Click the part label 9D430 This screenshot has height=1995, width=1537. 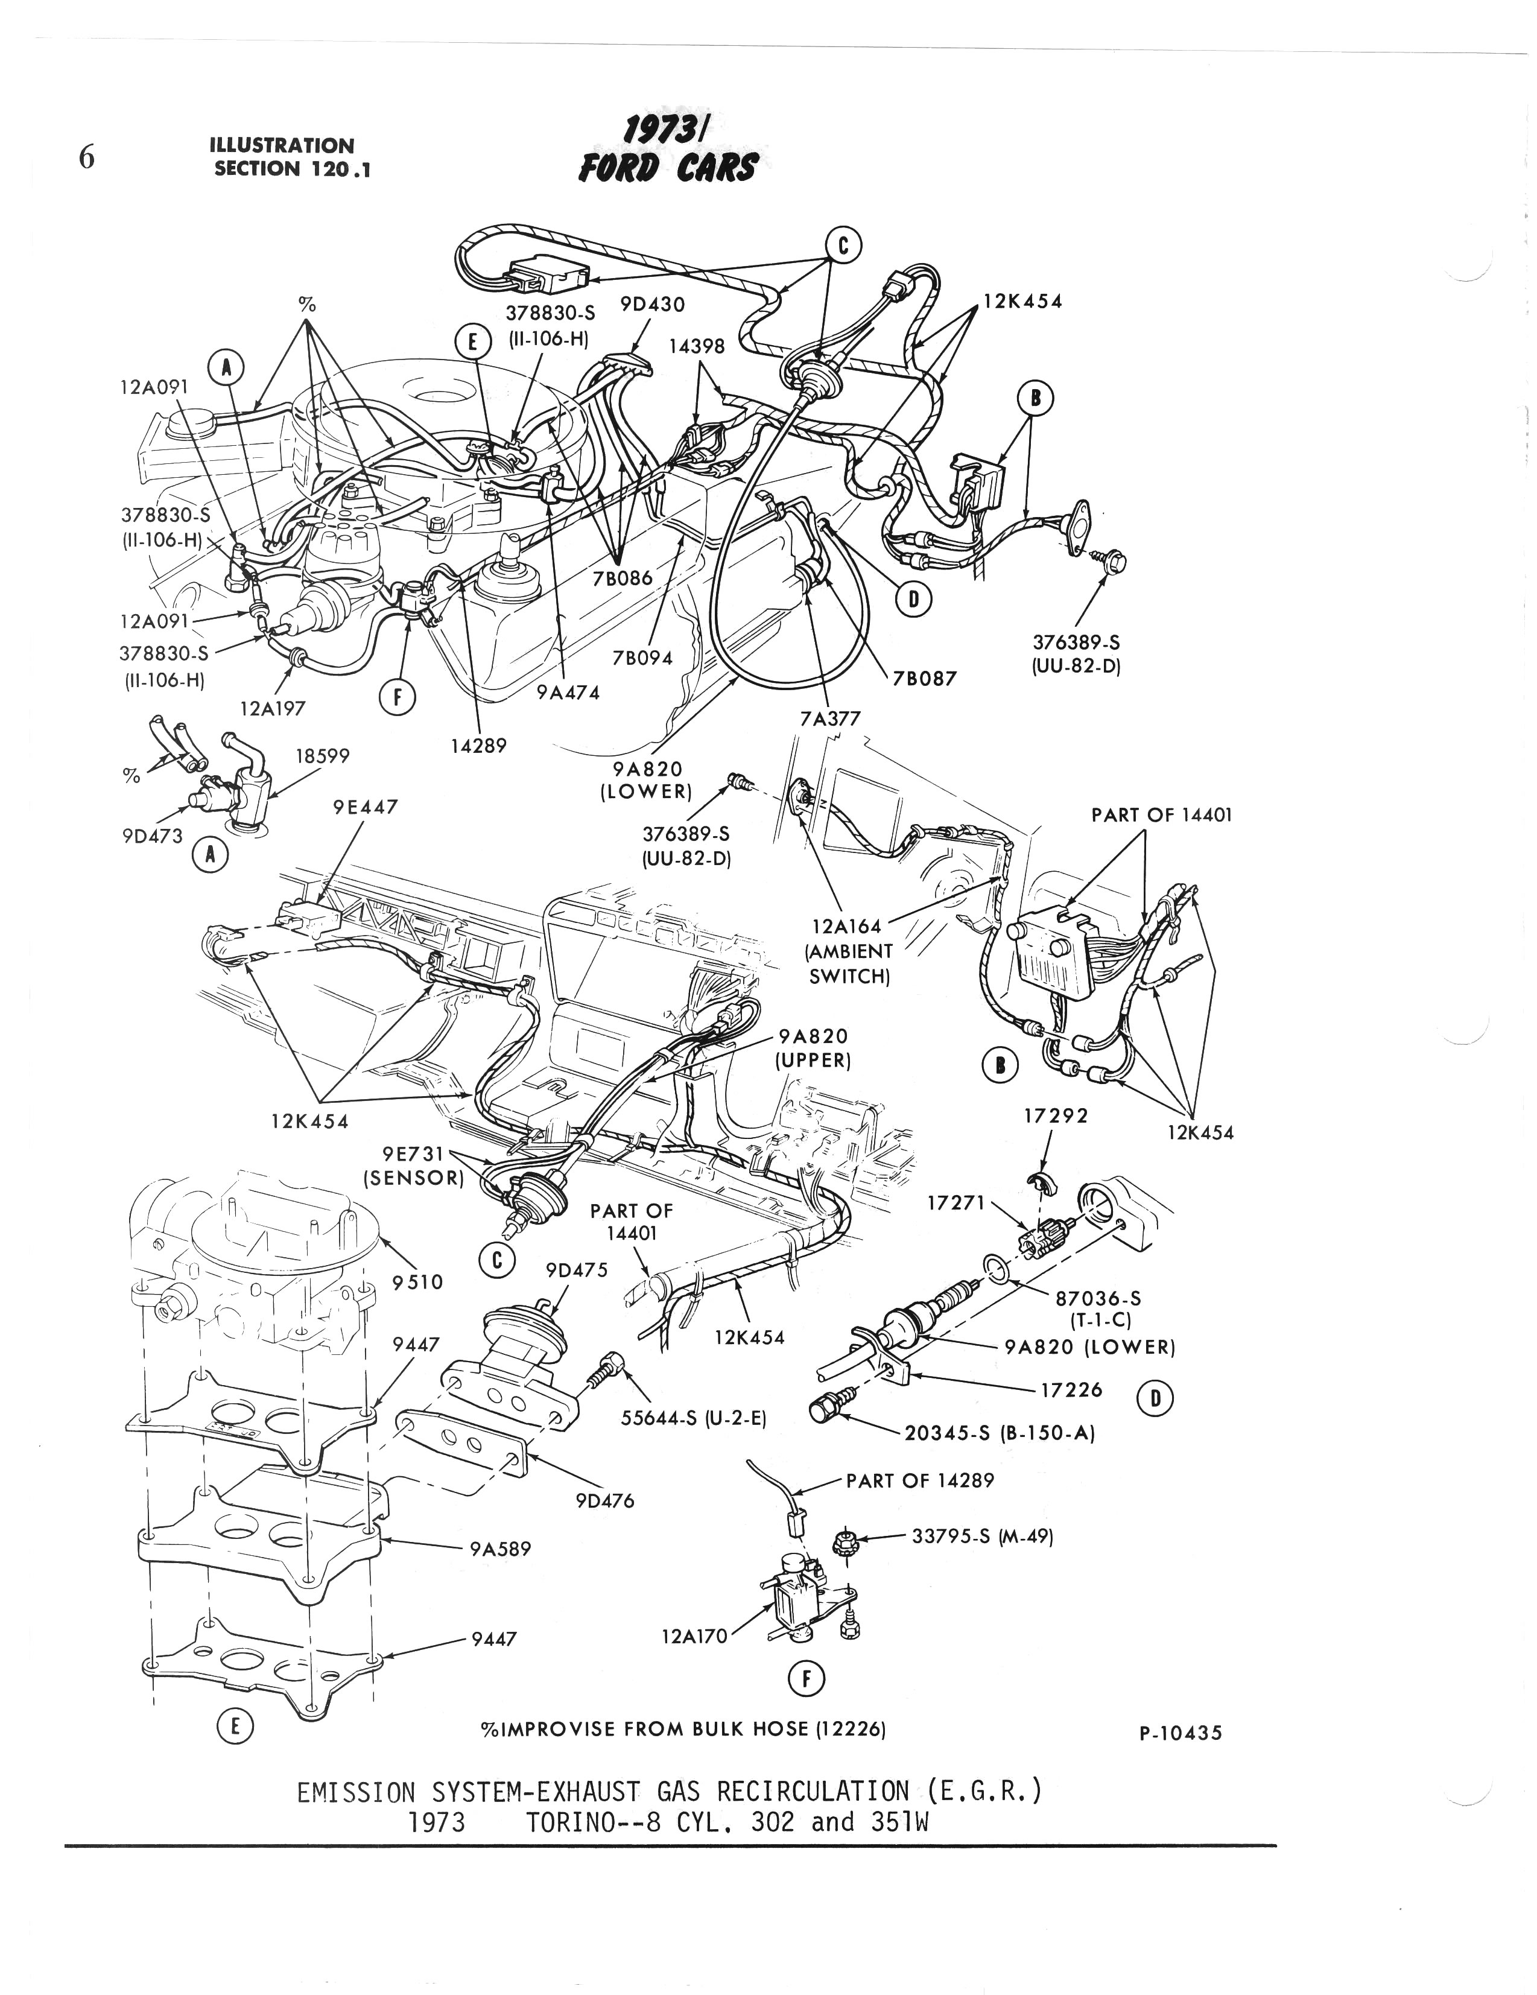coord(652,304)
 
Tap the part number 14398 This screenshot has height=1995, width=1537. coord(696,346)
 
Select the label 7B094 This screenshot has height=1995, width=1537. coord(644,658)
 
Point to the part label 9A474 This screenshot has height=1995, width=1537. coord(568,693)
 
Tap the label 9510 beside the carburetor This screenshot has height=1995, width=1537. coord(417,1283)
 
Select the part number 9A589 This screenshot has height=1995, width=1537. coord(499,1549)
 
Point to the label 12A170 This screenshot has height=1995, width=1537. coord(694,1636)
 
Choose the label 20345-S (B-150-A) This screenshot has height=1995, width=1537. coord(999,1433)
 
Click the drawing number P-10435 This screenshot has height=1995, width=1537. coord(1180,1733)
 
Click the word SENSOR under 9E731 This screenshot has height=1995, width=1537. coord(414,1178)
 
